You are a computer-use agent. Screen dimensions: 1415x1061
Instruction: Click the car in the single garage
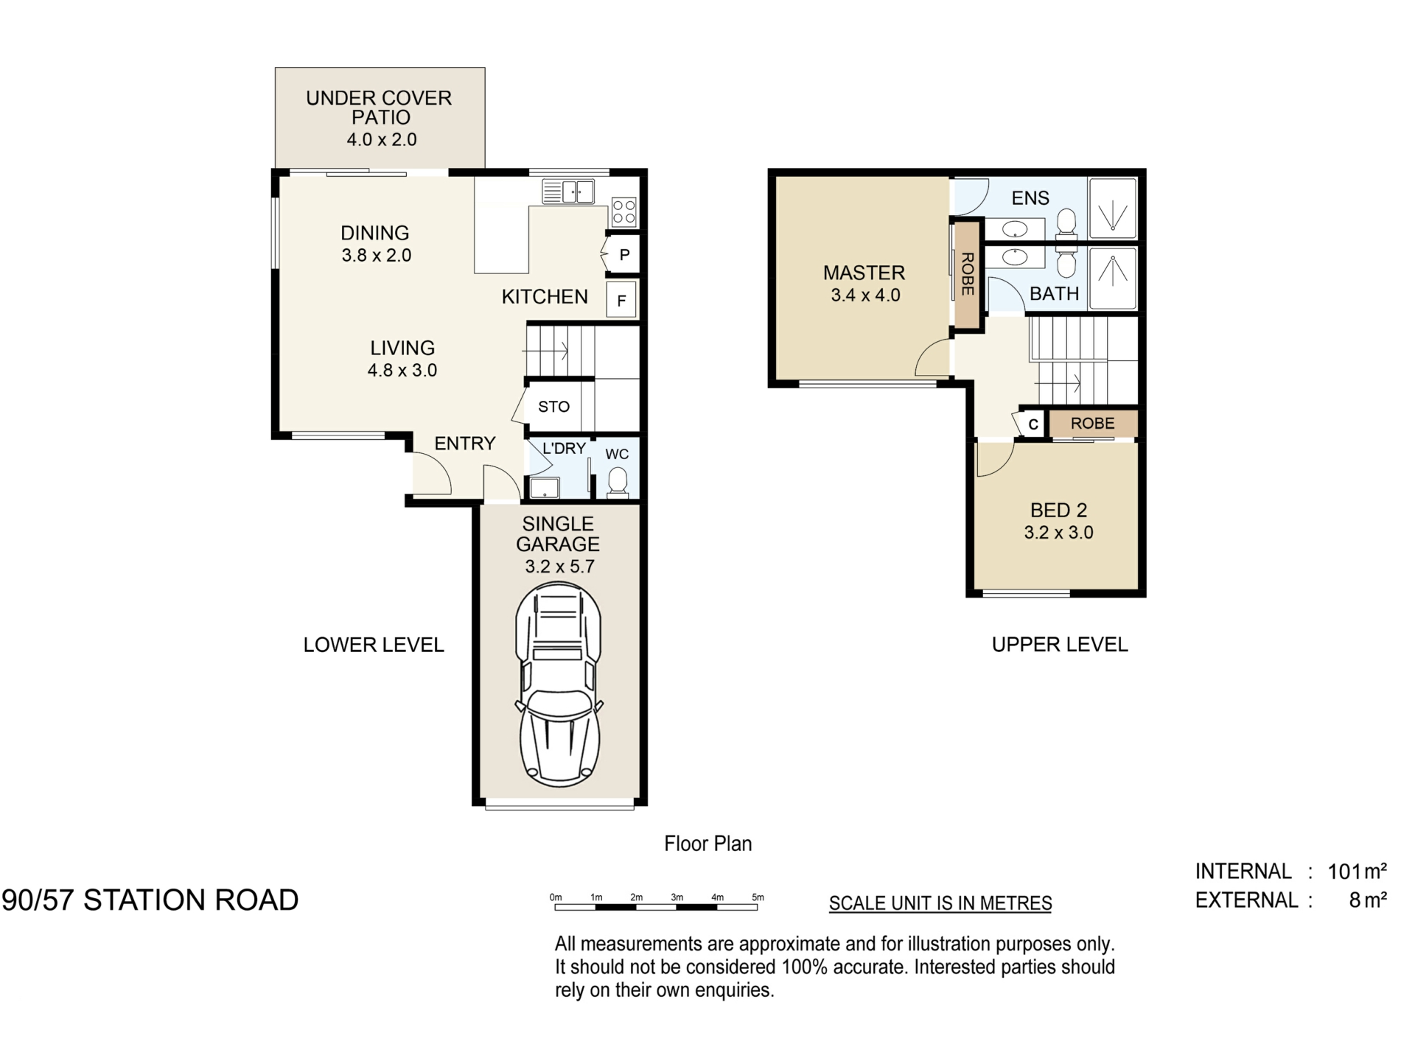(559, 684)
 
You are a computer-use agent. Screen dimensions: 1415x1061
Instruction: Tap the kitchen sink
(567, 191)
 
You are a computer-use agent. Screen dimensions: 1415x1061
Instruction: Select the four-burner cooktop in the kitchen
(623, 211)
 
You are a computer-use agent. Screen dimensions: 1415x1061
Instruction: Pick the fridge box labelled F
(621, 300)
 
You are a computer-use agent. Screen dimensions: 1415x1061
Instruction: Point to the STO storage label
(553, 407)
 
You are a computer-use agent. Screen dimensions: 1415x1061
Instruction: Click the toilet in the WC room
(618, 483)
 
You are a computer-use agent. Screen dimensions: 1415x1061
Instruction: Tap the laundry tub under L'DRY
(545, 488)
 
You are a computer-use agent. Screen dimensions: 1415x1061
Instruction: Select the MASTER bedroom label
(864, 273)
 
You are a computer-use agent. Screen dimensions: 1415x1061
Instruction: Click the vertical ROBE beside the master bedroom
(968, 273)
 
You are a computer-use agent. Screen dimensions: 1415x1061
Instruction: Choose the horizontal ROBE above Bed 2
(1092, 424)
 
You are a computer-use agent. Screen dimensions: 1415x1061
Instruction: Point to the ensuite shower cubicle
(1113, 208)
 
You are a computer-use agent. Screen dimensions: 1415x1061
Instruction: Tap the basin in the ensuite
(1015, 229)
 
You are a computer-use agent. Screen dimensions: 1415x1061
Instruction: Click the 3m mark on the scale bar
(677, 897)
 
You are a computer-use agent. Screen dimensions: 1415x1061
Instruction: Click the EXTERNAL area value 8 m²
(1369, 900)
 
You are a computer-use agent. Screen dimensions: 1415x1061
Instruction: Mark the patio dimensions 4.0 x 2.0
(382, 139)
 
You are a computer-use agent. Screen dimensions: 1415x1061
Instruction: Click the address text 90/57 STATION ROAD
(150, 900)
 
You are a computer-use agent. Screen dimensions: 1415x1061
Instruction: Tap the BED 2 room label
(1058, 510)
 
